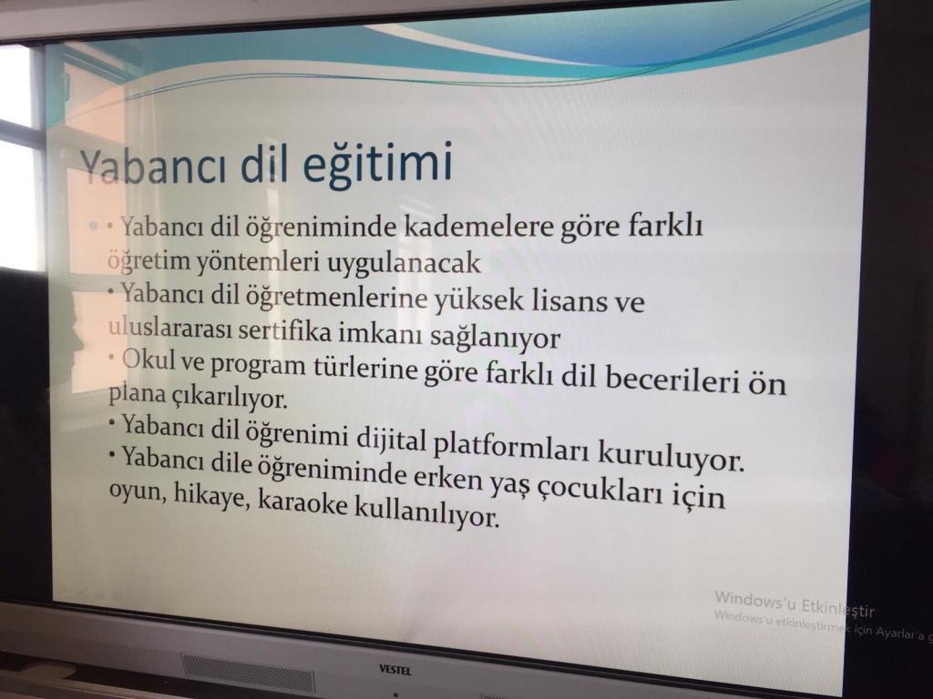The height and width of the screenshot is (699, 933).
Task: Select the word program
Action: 258,365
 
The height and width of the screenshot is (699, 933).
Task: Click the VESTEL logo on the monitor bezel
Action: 395,671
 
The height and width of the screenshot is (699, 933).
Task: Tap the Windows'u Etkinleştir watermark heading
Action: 795,603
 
